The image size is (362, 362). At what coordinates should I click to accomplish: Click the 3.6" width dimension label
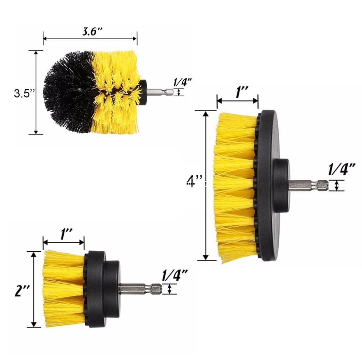pyautogui.click(x=92, y=31)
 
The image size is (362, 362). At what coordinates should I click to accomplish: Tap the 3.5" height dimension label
pyautogui.click(x=24, y=94)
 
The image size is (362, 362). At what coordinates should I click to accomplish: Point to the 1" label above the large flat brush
pyautogui.click(x=242, y=92)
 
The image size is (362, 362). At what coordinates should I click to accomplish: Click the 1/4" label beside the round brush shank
pyautogui.click(x=183, y=82)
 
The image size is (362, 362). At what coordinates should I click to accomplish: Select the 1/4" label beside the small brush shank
pyautogui.click(x=175, y=275)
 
